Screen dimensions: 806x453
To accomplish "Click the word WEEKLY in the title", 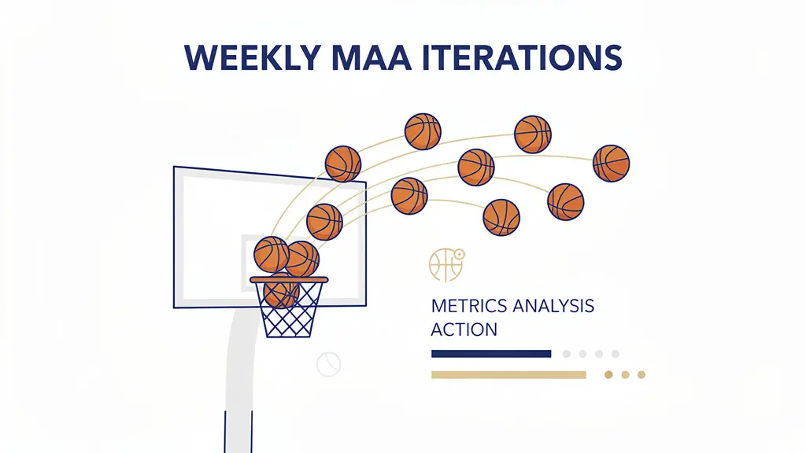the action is [x=253, y=57].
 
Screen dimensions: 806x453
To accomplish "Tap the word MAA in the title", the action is [x=372, y=57].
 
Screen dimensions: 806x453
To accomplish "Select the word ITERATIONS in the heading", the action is [x=523, y=57].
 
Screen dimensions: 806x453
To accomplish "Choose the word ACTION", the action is [x=464, y=330].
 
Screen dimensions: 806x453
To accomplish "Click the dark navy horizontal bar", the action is [x=491, y=354].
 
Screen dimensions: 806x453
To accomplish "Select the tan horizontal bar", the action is [x=508, y=375].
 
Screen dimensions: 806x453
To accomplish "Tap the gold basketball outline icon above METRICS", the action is [x=446, y=264].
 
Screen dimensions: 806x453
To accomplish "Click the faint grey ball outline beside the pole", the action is [x=329, y=364].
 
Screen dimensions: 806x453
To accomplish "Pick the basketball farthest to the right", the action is [x=611, y=164].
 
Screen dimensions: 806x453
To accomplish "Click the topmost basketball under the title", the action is [x=423, y=131].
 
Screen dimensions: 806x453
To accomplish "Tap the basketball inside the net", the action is [x=281, y=292].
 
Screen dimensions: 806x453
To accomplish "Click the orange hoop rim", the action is [x=289, y=280].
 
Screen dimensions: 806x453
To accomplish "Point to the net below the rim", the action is [x=289, y=310].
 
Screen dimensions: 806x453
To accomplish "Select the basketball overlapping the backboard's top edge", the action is [x=343, y=164].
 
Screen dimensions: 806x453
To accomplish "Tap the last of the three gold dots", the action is [x=641, y=375].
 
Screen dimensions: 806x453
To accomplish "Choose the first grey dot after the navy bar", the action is [x=567, y=354].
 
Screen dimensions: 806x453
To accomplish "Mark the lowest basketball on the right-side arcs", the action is [x=501, y=218].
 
